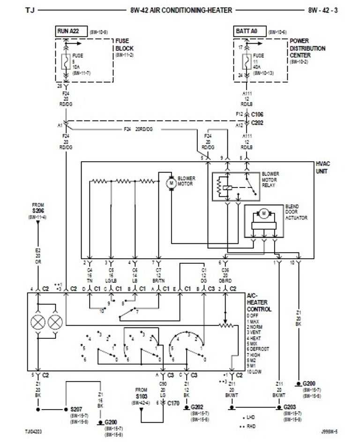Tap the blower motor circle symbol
click(x=171, y=182)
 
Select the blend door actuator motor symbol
click(x=263, y=213)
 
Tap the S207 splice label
click(x=76, y=409)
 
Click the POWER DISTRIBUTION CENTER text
click(x=307, y=48)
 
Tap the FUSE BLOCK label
click(x=124, y=45)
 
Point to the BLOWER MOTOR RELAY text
click(x=270, y=179)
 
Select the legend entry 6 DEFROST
click(x=261, y=350)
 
